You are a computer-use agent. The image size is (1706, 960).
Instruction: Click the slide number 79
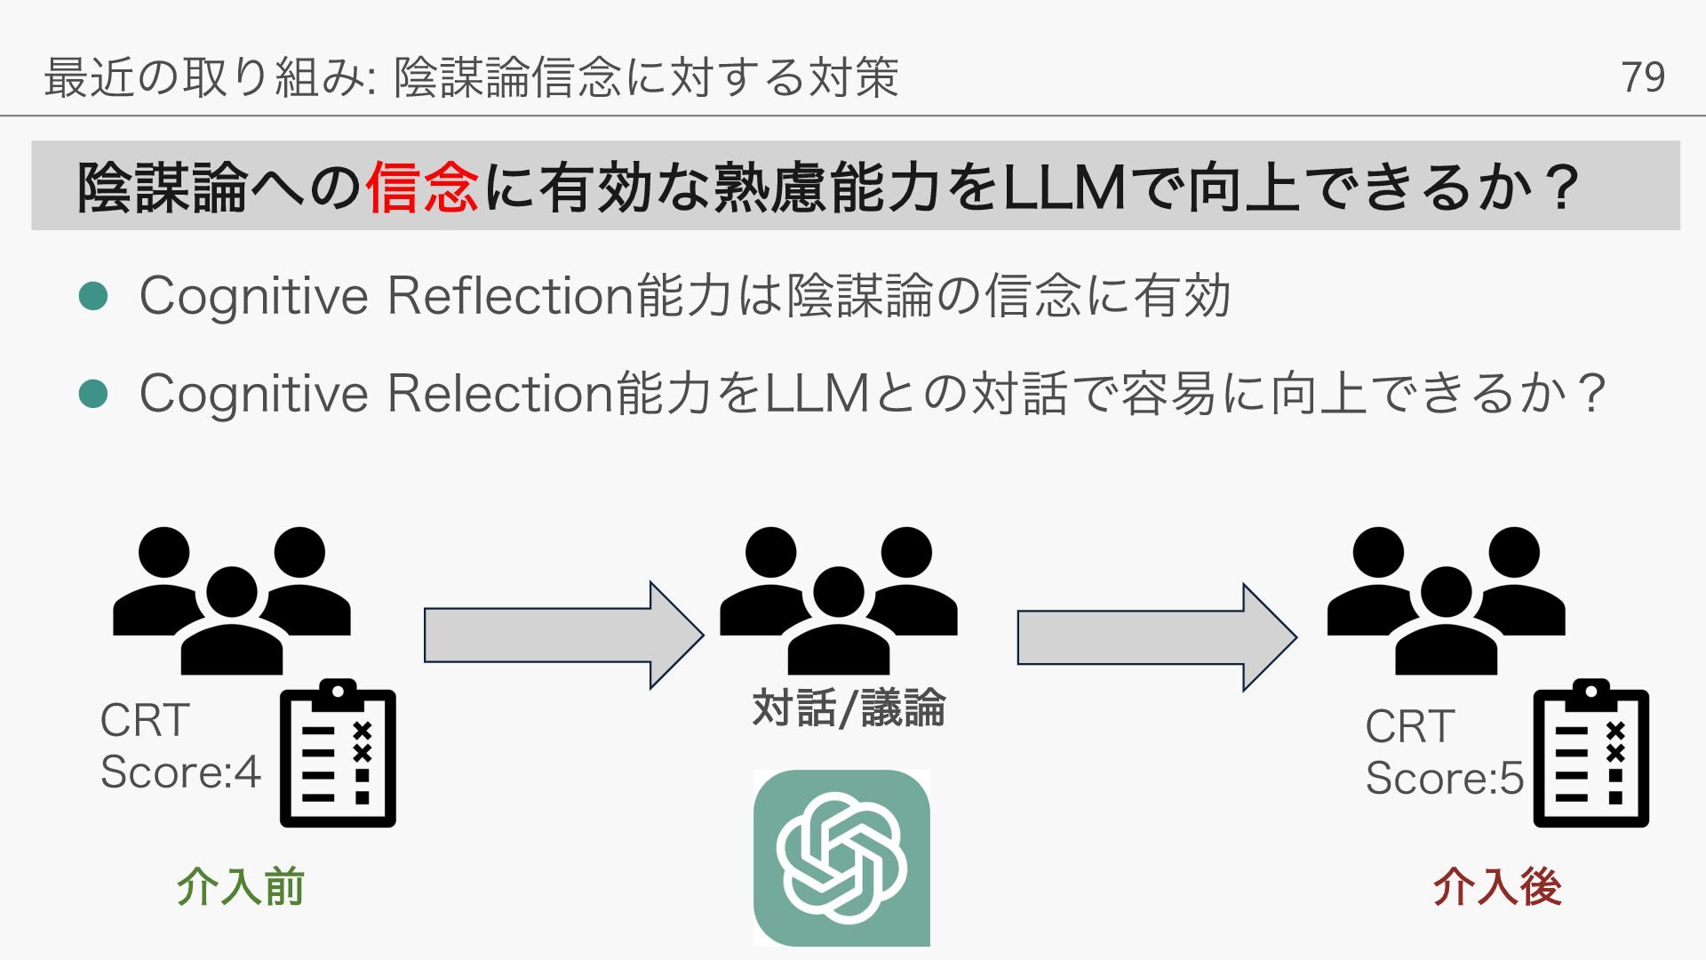[1642, 77]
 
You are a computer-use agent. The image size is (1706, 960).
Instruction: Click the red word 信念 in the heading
[421, 188]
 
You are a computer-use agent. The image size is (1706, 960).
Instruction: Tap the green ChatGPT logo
[841, 858]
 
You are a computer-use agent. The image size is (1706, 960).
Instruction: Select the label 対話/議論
[849, 709]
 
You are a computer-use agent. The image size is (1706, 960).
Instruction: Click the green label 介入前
[241, 887]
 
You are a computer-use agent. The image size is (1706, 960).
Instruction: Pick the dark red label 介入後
[1497, 887]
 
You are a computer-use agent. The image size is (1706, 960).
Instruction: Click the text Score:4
[180, 772]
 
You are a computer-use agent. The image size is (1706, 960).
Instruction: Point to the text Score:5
[1444, 779]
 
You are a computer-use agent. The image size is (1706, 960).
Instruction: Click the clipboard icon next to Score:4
[338, 754]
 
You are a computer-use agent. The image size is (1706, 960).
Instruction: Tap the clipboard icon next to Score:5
[1590, 754]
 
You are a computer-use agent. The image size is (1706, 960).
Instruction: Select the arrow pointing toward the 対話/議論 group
[563, 636]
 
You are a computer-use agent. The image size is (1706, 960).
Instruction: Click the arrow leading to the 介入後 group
[1156, 637]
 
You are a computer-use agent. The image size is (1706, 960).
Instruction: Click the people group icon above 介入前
[232, 600]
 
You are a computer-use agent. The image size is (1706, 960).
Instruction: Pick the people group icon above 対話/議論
[839, 600]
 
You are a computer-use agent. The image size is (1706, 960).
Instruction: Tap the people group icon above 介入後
[1446, 600]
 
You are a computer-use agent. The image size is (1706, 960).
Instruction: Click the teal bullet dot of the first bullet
[93, 296]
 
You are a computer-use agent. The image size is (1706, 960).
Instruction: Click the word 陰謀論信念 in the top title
[507, 77]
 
